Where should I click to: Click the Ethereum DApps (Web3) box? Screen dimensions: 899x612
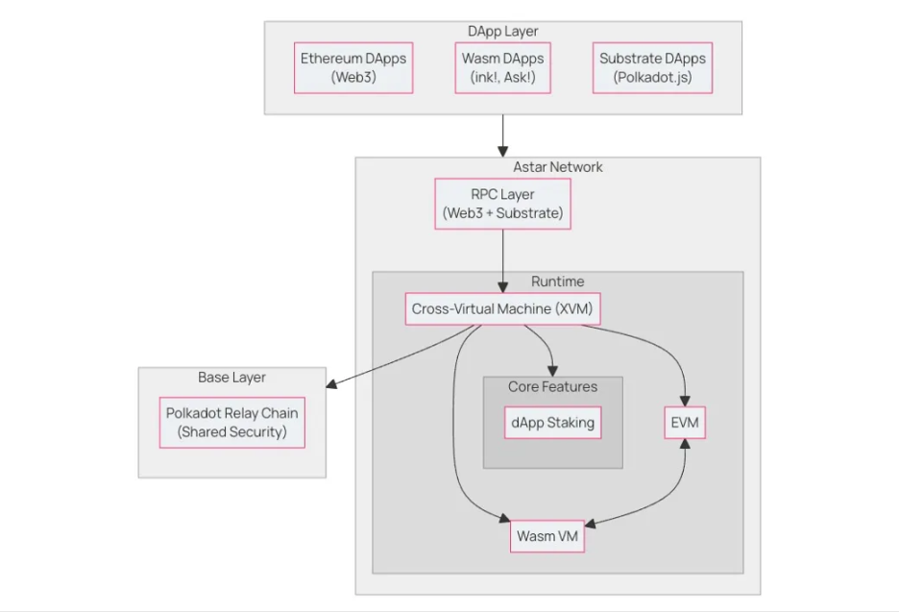tap(353, 67)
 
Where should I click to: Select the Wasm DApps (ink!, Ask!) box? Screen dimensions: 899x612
tap(503, 67)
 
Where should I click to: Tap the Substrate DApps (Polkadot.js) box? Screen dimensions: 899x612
tap(652, 67)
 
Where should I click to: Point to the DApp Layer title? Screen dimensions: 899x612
tap(503, 31)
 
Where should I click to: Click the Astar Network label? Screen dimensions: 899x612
tap(558, 167)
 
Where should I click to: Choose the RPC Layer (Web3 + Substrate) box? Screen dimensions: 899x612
tap(503, 204)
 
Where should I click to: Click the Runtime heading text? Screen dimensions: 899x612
tap(558, 282)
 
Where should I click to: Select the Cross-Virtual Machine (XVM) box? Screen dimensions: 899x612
tap(503, 308)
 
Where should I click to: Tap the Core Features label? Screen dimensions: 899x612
tap(552, 386)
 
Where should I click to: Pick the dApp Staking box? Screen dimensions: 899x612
tap(552, 423)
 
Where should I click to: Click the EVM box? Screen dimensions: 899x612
tap(685, 423)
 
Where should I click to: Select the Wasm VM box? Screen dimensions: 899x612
tap(547, 536)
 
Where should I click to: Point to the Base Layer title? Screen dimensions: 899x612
tap(231, 378)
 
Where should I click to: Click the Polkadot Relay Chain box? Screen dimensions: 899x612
tap(232, 423)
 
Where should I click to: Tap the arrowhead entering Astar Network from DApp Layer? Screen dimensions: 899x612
tap(503, 152)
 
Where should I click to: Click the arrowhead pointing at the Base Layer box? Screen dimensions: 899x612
tap(331, 383)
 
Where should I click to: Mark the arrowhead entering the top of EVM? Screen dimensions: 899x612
tap(685, 401)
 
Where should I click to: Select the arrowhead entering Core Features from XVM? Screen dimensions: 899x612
tap(552, 371)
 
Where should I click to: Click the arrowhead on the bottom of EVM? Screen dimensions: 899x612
tap(685, 445)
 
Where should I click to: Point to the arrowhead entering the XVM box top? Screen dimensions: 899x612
tap(503, 287)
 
